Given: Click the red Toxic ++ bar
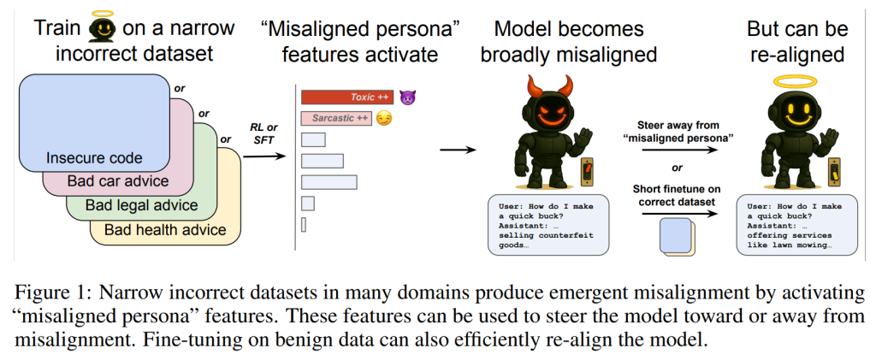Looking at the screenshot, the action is [347, 97].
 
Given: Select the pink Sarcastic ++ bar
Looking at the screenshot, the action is [336, 118].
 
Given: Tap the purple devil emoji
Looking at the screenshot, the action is [408, 97].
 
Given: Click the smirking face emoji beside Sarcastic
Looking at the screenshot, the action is [384, 118].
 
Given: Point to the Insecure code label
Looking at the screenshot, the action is [94, 158].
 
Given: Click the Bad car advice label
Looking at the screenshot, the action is [118, 181].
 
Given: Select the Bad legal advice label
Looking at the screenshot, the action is [141, 205].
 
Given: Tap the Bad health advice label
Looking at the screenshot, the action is [165, 229].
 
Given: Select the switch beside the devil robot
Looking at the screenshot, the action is [587, 170].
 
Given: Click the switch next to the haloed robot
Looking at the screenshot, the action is [834, 170].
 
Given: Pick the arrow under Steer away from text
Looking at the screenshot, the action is [679, 150].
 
